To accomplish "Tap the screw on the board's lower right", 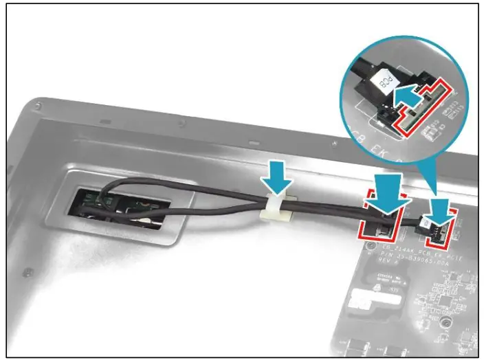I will point(447,322).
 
